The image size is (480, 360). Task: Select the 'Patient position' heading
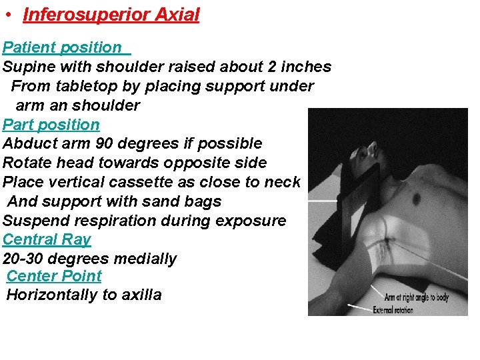[62, 47]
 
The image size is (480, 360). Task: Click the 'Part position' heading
[51, 125]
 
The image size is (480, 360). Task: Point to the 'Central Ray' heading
[47, 239]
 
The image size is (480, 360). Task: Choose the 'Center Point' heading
[54, 276]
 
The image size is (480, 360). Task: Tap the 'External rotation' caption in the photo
[393, 309]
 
